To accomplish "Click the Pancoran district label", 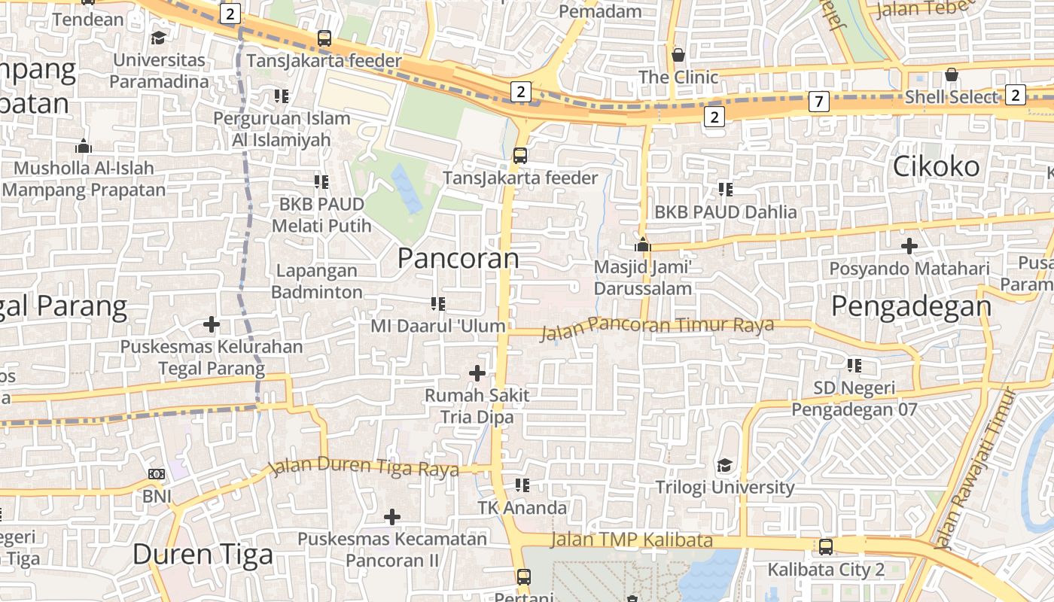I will (x=458, y=258).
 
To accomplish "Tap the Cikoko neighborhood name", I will (x=936, y=166).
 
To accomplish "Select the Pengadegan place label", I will (x=911, y=306).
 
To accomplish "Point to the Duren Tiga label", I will (x=203, y=555).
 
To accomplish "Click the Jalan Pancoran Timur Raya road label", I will (x=657, y=326).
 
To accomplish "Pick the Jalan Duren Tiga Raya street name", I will (x=364, y=467).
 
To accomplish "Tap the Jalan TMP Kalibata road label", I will (x=631, y=540).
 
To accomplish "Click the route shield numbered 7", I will (x=818, y=101).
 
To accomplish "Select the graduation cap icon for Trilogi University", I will (x=724, y=465).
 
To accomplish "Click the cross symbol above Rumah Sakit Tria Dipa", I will (x=477, y=372).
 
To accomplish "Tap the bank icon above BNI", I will (x=157, y=474).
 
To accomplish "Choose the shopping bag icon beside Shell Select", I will (x=952, y=75).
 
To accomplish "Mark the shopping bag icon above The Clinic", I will (x=678, y=55).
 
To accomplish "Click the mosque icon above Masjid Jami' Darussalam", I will (x=642, y=245).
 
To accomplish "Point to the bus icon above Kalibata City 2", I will (x=826, y=547).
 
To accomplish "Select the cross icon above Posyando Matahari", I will (x=909, y=246).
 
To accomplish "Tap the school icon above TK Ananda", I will (x=522, y=485).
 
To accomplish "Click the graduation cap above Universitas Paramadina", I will (x=158, y=38).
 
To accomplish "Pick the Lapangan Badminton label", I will (x=317, y=281).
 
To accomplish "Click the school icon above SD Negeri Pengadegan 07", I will (x=854, y=366).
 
